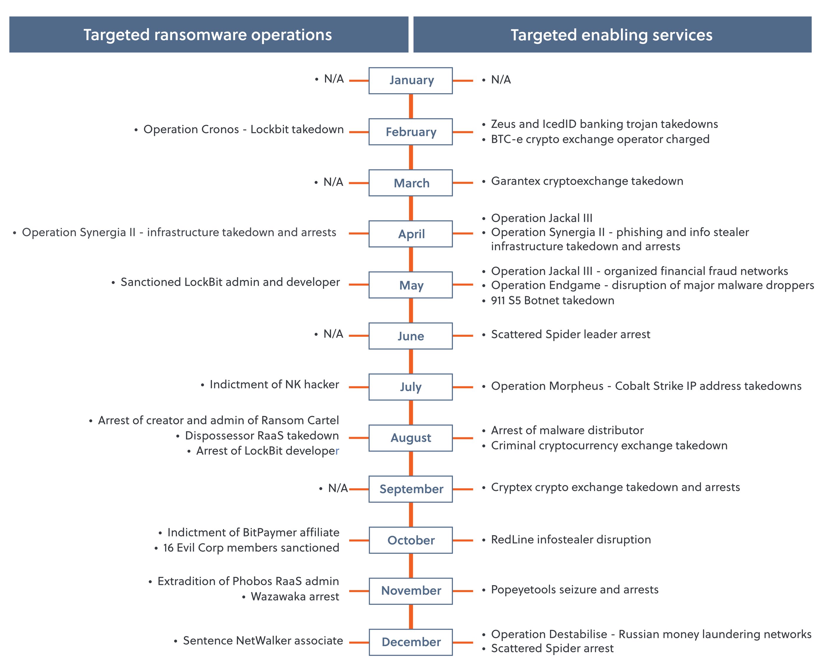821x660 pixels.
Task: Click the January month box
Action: (x=410, y=80)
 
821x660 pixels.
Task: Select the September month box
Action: (x=410, y=489)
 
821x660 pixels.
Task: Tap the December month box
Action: (x=410, y=642)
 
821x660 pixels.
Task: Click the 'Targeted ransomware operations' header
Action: (x=208, y=35)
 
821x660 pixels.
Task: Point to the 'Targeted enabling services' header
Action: (x=612, y=35)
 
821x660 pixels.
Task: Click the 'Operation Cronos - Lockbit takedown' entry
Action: (x=243, y=129)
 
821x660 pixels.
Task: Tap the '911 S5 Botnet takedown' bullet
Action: (x=553, y=301)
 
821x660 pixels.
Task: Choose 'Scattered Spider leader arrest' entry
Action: (x=570, y=334)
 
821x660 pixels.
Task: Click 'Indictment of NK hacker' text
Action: (x=274, y=385)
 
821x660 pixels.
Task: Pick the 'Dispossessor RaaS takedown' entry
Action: (x=262, y=436)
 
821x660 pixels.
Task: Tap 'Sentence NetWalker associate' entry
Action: (x=263, y=641)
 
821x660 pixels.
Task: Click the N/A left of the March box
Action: (x=333, y=182)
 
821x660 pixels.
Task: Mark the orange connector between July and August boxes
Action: (x=411, y=413)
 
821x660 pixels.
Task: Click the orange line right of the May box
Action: (x=463, y=285)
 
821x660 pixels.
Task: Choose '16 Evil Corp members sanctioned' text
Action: (x=251, y=548)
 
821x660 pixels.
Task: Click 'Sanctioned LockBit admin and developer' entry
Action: (x=230, y=282)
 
